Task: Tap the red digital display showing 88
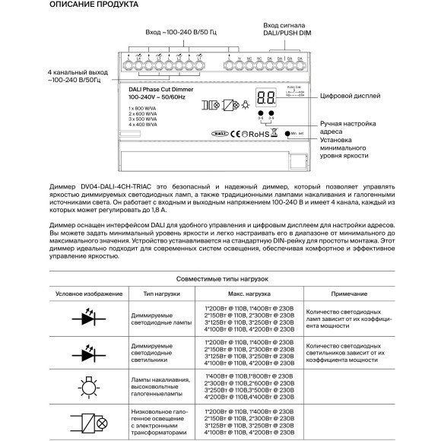point(267,98)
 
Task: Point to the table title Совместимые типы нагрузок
point(220,279)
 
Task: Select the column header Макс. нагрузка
point(249,293)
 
